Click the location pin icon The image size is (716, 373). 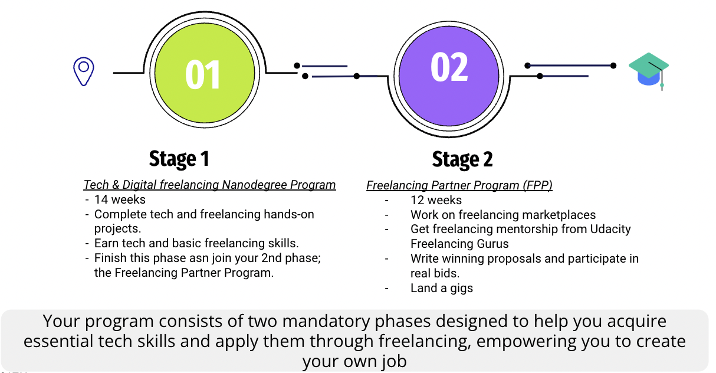[x=84, y=71]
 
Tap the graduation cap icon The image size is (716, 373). [x=648, y=70]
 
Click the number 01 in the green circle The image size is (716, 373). [x=203, y=75]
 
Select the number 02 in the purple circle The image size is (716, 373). [x=449, y=67]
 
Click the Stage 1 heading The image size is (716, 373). [x=179, y=159]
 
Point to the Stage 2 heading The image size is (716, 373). [x=462, y=159]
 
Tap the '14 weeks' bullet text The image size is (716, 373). [x=120, y=199]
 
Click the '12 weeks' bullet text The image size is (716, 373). [x=436, y=200]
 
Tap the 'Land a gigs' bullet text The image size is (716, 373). [x=442, y=288]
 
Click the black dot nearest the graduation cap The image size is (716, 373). [x=613, y=66]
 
